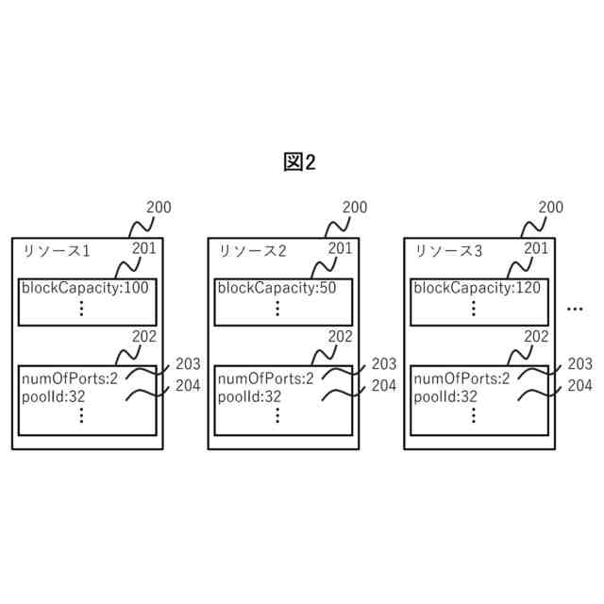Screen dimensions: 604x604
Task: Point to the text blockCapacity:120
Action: pos(478,289)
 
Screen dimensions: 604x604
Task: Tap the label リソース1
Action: pos(56,251)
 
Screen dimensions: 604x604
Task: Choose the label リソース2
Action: pos(252,251)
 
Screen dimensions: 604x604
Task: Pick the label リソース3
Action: pos(449,251)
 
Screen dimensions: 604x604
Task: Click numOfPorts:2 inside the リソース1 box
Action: pos(69,379)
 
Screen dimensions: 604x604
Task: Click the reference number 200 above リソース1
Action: pos(159,208)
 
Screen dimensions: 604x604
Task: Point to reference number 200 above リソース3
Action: pos(551,208)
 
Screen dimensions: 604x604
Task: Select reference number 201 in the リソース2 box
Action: pos(341,248)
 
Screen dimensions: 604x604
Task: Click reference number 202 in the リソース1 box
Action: pos(144,336)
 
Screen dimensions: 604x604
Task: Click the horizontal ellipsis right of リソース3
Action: pos(577,309)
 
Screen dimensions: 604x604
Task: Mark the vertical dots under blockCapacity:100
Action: pos(82,309)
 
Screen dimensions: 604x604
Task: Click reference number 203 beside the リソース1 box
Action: pos(188,364)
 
